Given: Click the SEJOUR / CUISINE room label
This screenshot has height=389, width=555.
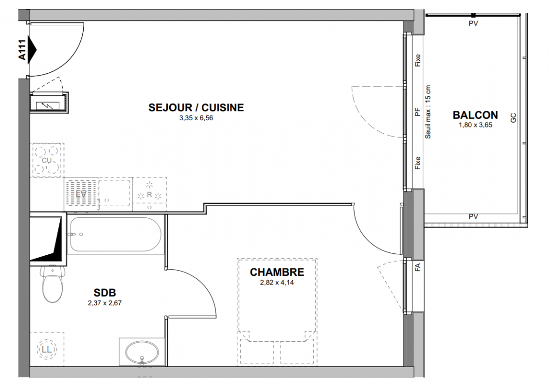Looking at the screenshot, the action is [196, 107].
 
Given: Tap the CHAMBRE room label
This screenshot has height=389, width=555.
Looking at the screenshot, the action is [277, 272].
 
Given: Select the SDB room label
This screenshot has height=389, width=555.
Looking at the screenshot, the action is [105, 293].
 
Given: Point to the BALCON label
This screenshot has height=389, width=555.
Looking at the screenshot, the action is [475, 115].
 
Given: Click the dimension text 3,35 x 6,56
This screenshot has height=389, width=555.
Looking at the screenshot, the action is [196, 118].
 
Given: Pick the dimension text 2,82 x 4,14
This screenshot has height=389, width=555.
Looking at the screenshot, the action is [277, 283].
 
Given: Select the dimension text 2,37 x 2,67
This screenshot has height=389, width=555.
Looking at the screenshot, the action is [105, 303].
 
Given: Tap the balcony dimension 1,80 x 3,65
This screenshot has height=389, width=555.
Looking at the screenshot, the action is [475, 125].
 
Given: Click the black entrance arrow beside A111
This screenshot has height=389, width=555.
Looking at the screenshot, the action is [32, 50].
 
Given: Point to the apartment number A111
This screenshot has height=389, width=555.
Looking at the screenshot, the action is [22, 50].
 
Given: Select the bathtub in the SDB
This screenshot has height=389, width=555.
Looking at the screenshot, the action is [115, 234].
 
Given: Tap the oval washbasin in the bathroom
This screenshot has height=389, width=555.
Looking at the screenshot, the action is [142, 352].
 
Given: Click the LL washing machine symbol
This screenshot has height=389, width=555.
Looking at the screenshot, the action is [47, 349].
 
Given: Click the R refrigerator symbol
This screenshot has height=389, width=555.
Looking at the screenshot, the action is [149, 194].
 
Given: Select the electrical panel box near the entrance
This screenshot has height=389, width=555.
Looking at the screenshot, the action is [49, 103].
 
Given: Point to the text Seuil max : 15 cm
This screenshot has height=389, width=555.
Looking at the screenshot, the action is [428, 112].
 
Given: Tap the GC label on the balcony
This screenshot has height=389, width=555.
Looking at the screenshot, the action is [513, 118].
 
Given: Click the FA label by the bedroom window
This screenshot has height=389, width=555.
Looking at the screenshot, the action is [417, 267].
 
